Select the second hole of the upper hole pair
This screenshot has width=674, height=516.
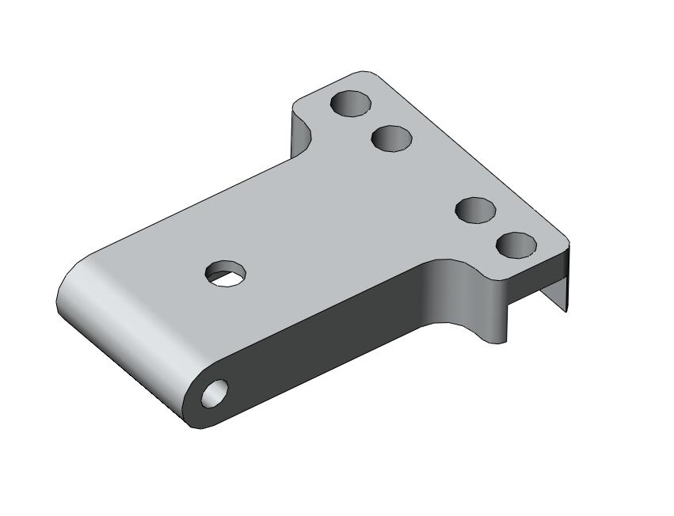coord(392,138)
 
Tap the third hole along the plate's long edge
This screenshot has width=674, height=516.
coord(476,210)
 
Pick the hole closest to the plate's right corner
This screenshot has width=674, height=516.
coord(516,245)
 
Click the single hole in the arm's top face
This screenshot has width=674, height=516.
coord(226,273)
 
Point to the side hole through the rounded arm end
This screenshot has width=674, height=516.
coord(215,393)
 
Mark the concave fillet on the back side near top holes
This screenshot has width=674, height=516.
coord(301,135)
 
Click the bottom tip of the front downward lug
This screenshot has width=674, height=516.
coord(497,342)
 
